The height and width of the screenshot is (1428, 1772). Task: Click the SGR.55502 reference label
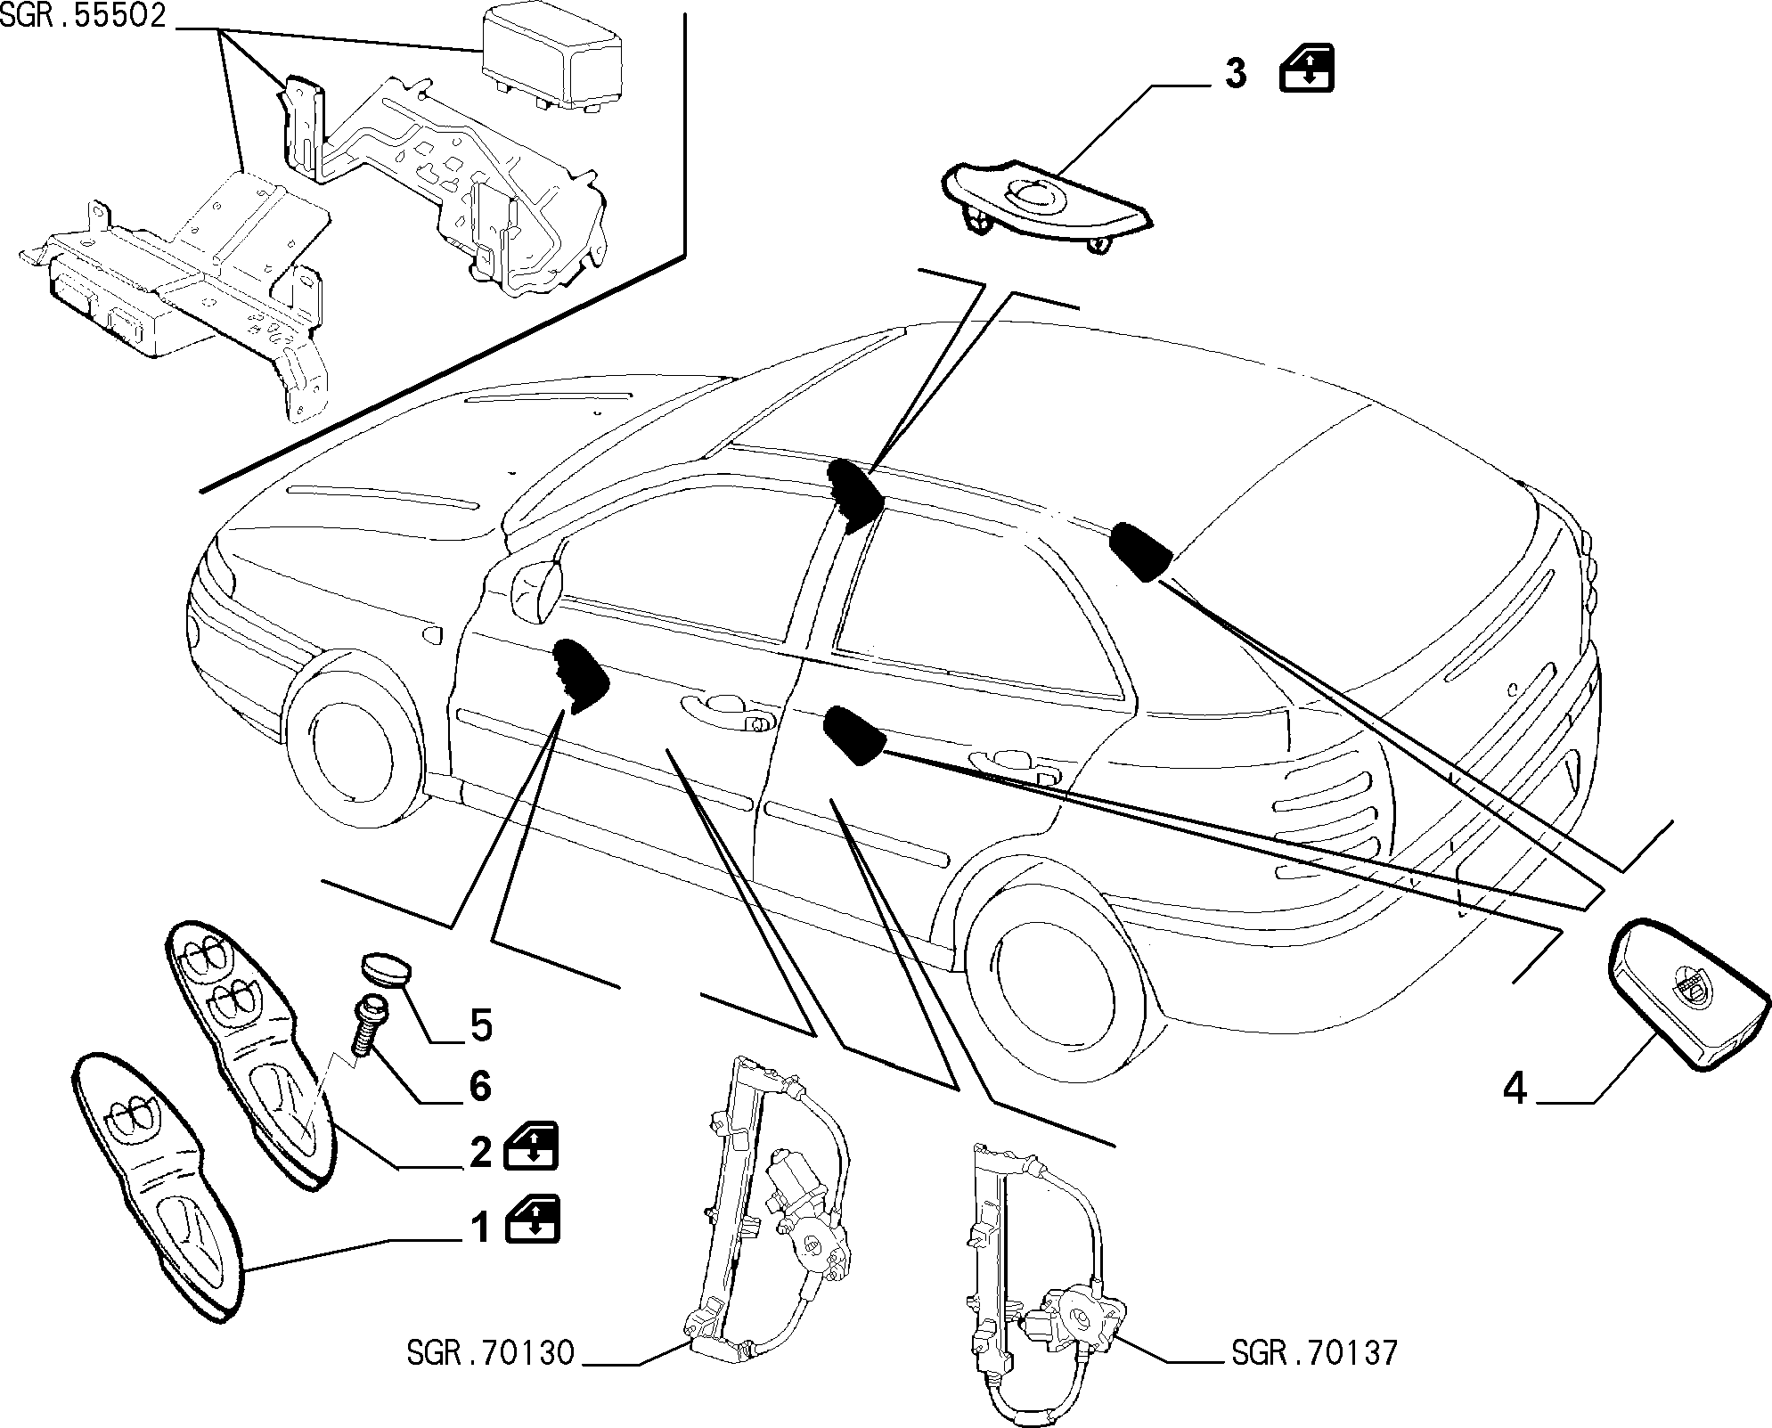click(x=84, y=18)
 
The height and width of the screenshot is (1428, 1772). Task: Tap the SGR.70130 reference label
click(x=492, y=1379)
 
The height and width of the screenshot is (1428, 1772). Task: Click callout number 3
click(x=1235, y=74)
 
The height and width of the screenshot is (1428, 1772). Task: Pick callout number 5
click(x=481, y=1026)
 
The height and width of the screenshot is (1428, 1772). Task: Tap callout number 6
click(x=481, y=1086)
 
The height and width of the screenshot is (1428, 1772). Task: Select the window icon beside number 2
click(x=533, y=1146)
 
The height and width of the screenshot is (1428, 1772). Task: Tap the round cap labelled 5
click(x=384, y=972)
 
